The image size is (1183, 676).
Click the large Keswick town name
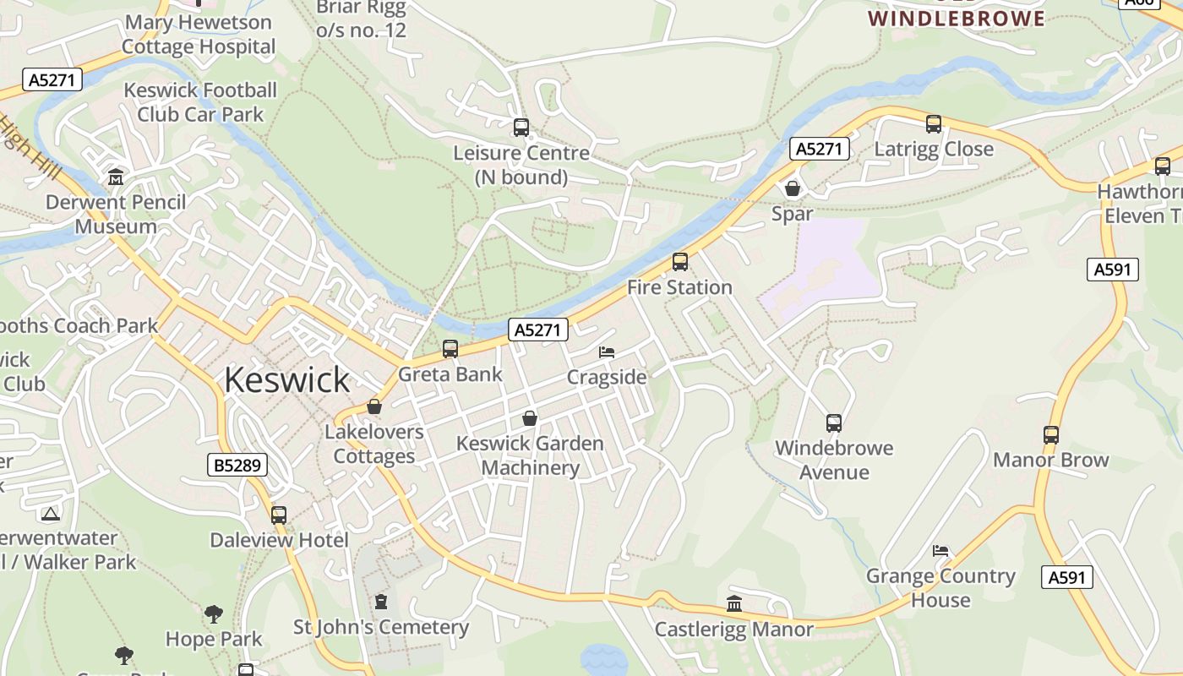pyautogui.click(x=286, y=380)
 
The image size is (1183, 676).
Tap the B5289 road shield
pyautogui.click(x=237, y=464)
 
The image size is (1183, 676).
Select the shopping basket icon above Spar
pyautogui.click(x=793, y=188)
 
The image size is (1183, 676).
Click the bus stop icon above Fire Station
pyautogui.click(x=680, y=262)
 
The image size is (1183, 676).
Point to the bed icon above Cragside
pyautogui.click(x=607, y=352)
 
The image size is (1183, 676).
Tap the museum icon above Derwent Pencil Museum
pyautogui.click(x=116, y=177)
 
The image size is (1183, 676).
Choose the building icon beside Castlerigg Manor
pyautogui.click(x=734, y=604)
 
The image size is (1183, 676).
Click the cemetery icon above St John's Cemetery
pyautogui.click(x=381, y=602)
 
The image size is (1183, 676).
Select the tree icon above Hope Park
pyautogui.click(x=214, y=613)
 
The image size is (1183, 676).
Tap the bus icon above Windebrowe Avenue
pyautogui.click(x=834, y=422)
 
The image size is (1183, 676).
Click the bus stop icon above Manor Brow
pyautogui.click(x=1051, y=435)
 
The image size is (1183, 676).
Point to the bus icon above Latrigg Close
pyautogui.click(x=934, y=124)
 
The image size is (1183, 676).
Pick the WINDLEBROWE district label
pyautogui.click(x=957, y=18)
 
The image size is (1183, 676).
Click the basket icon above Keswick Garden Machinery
pyautogui.click(x=530, y=418)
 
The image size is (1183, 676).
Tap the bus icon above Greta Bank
pyautogui.click(x=450, y=349)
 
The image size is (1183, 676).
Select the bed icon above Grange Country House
pyautogui.click(x=940, y=551)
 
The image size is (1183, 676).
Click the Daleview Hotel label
pyautogui.click(x=279, y=540)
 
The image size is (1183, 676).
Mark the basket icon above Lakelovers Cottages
pyautogui.click(x=374, y=407)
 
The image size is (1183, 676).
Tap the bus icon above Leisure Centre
pyautogui.click(x=521, y=128)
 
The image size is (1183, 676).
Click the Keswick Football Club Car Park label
pyautogui.click(x=200, y=101)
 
